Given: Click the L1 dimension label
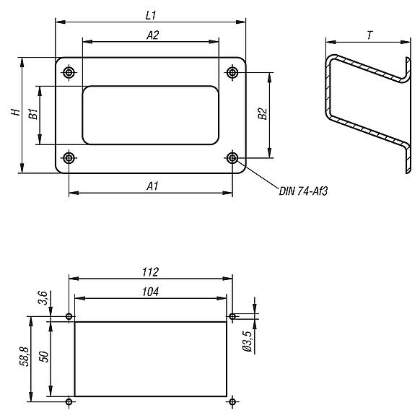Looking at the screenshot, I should tap(151, 14).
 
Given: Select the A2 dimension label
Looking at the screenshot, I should tap(152, 34).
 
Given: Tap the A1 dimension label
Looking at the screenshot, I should tap(152, 186).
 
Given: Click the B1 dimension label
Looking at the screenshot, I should tap(32, 113).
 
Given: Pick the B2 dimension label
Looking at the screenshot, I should tap(262, 114).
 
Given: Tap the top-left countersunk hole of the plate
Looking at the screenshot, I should tap(69, 72).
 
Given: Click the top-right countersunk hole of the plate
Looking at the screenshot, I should tap(232, 72).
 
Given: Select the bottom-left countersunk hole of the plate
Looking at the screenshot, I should tap(69, 157).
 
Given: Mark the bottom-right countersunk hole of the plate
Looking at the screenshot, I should tap(232, 157).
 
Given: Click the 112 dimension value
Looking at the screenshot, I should tap(151, 271).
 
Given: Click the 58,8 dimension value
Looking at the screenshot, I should tap(23, 358).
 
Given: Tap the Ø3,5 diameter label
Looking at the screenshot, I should tap(247, 340).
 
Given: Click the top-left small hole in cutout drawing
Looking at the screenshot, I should tap(69, 316).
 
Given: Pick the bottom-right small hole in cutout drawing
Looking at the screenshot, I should tap(232, 401).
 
